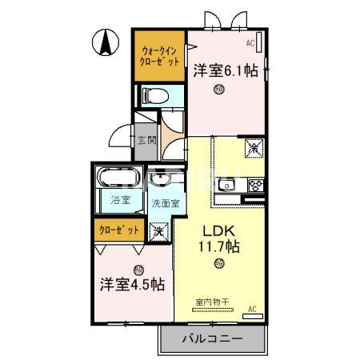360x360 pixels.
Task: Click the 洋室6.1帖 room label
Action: [225, 70]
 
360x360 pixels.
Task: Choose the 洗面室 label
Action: [166, 203]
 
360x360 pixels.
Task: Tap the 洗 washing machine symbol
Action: [158, 231]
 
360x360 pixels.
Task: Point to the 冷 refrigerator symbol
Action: [253, 147]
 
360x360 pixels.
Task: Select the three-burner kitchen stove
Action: [256, 186]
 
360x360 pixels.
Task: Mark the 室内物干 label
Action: [212, 302]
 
